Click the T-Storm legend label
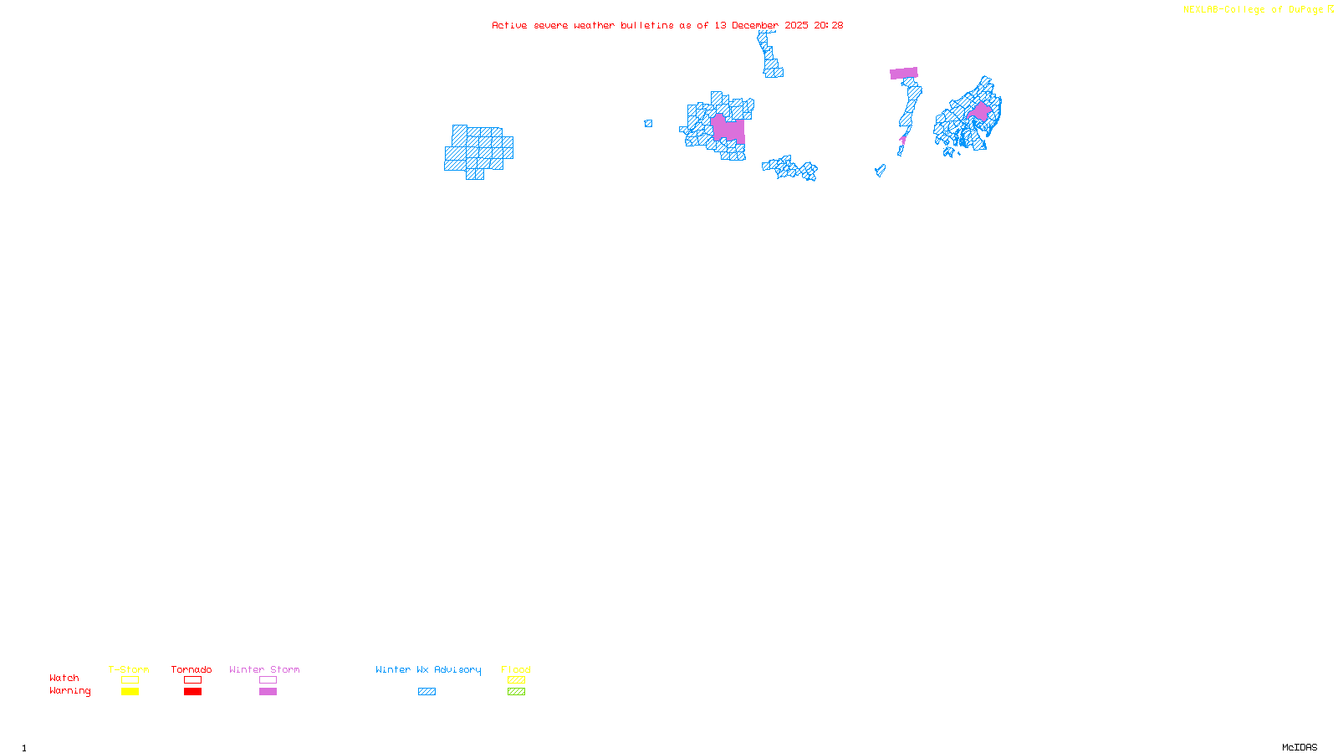(x=129, y=669)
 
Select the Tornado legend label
(x=192, y=669)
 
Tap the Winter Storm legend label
(x=264, y=669)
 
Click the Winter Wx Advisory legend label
(x=428, y=669)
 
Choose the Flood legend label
(x=516, y=669)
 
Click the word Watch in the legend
(x=64, y=679)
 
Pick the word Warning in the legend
(x=70, y=691)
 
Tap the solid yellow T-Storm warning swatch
(x=130, y=692)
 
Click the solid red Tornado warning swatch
(x=193, y=692)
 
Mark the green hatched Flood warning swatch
(x=517, y=692)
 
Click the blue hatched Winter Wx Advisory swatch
(x=426, y=692)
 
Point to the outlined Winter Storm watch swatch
(x=268, y=680)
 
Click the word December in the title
(x=755, y=25)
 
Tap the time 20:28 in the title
(x=829, y=25)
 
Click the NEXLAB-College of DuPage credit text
(x=1254, y=10)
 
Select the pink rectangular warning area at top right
(x=904, y=74)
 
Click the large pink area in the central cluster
(x=727, y=129)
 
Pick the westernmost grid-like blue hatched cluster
(x=478, y=151)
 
